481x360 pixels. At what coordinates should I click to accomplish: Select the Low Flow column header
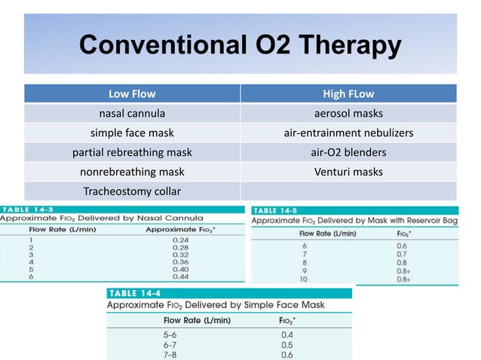132,94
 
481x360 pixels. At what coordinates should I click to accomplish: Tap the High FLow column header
348,94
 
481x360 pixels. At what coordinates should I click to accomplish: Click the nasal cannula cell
132,114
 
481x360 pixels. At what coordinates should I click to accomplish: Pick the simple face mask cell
132,133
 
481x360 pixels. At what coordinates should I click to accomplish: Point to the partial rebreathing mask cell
132,153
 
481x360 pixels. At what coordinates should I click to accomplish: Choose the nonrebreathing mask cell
132,172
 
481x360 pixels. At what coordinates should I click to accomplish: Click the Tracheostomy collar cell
132,191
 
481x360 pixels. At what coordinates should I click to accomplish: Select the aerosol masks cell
348,114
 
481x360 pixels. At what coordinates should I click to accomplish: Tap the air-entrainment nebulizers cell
348,133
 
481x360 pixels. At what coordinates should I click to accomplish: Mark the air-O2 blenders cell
348,153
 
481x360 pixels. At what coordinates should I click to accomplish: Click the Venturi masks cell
348,172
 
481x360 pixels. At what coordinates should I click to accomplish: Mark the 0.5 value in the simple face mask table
287,344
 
